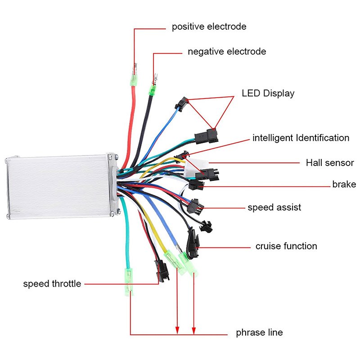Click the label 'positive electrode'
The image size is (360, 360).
pos(209,27)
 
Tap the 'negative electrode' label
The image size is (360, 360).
pos(227,51)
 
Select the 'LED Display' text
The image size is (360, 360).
pos(268,94)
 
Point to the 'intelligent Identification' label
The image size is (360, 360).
pos(301,138)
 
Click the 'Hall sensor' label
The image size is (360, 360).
pos(330,162)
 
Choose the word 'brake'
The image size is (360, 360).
pos(344,184)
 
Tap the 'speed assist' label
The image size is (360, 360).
pos(274,207)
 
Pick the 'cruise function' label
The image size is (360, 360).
pos(286,246)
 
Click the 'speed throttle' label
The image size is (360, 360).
pos(52,283)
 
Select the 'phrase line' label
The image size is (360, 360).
pos(259,333)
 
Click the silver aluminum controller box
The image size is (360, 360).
pos(58,187)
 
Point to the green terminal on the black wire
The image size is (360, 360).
pos(153,88)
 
